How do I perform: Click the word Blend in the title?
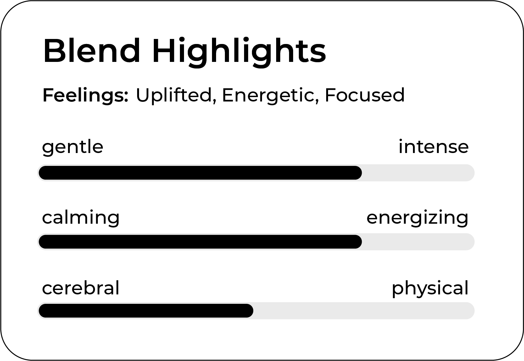92,50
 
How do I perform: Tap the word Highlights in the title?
239,52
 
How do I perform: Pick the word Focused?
365,95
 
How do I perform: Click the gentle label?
73,148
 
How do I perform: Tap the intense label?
433,146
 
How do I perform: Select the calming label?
81,218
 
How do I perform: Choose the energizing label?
417,218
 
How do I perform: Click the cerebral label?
81,287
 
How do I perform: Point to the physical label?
430,289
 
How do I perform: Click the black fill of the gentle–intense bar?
200,173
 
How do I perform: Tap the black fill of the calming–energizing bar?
200,242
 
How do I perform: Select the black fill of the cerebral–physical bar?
146,311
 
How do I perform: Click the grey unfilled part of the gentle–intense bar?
418,173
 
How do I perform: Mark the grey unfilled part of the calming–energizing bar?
418,242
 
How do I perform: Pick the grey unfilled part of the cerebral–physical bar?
364,311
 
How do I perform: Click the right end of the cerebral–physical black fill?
253,311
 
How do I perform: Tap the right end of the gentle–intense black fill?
362,173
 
